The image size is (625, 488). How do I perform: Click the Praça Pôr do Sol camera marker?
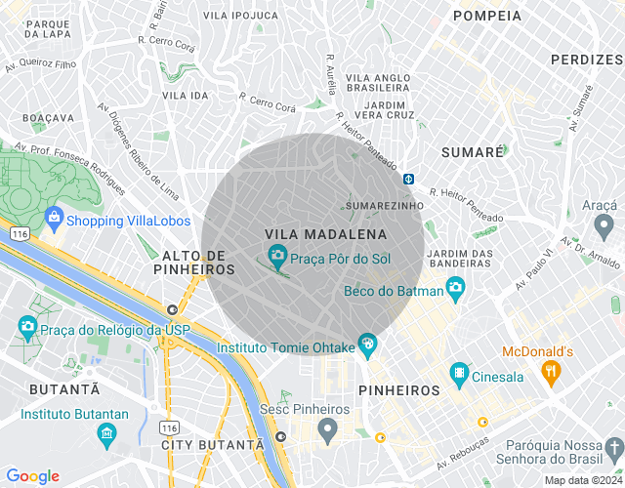pyautogui.click(x=277, y=257)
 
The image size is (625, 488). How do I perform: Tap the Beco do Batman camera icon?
pyautogui.click(x=455, y=287)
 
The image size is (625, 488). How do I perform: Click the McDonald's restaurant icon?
pyautogui.click(x=552, y=371)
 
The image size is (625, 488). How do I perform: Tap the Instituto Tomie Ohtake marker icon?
pyautogui.click(x=366, y=343)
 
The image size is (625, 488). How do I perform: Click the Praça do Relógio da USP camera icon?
pyautogui.click(x=26, y=325)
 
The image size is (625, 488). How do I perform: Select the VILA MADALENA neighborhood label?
pyautogui.click(x=325, y=234)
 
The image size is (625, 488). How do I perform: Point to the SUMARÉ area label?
pyautogui.click(x=472, y=153)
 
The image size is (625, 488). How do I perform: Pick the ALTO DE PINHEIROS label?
pyautogui.click(x=194, y=262)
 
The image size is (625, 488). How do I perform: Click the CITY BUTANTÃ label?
pyautogui.click(x=212, y=444)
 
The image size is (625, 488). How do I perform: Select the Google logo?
pyautogui.click(x=32, y=476)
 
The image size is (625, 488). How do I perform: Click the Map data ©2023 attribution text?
pyautogui.click(x=582, y=480)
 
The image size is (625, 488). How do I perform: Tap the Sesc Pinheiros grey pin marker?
pyautogui.click(x=328, y=427)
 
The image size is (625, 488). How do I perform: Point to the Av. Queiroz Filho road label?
pyautogui.click(x=41, y=64)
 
